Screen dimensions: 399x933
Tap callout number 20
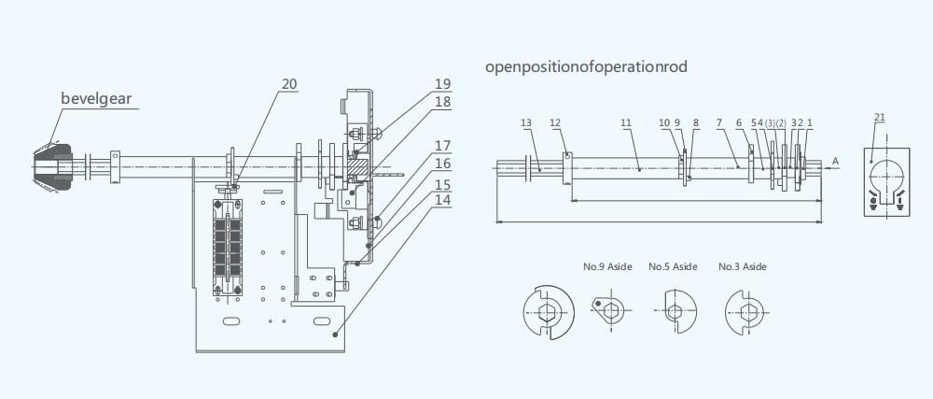pyautogui.click(x=289, y=84)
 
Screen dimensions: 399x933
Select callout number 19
pyautogui.click(x=442, y=84)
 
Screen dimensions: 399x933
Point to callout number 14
pyautogui.click(x=442, y=200)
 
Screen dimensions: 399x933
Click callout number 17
pyautogui.click(x=442, y=146)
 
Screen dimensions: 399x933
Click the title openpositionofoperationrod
pyautogui.click(x=587, y=67)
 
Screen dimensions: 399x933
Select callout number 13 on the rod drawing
pyautogui.click(x=526, y=122)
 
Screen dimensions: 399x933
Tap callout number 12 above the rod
pyautogui.click(x=555, y=122)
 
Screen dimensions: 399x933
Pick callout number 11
pyautogui.click(x=626, y=122)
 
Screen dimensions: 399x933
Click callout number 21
pyautogui.click(x=880, y=117)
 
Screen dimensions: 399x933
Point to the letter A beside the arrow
pyautogui.click(x=836, y=162)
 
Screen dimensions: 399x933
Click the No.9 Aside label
pyautogui.click(x=607, y=267)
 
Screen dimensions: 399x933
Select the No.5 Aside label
pyautogui.click(x=673, y=267)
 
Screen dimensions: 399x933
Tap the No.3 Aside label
pyautogui.click(x=743, y=267)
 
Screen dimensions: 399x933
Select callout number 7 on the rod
pyautogui.click(x=719, y=122)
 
